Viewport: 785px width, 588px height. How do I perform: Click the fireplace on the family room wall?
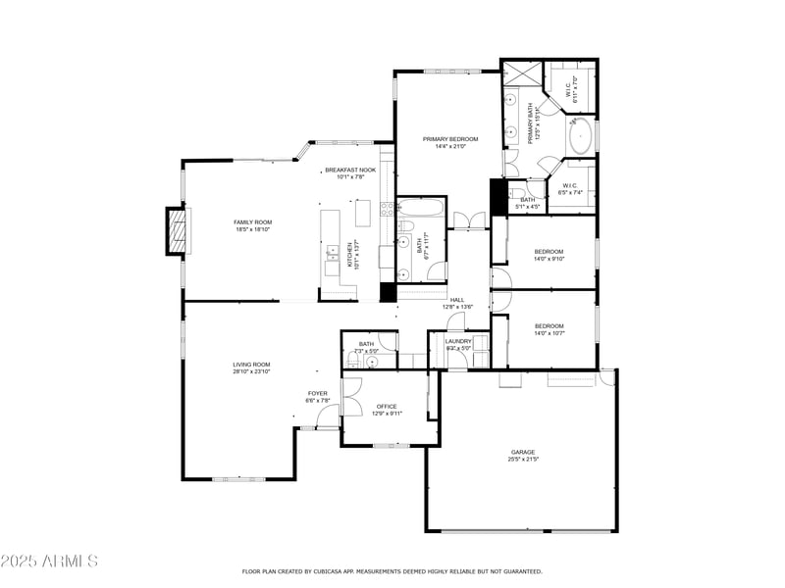(x=177, y=232)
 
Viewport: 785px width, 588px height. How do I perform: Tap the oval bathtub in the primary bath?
(x=581, y=134)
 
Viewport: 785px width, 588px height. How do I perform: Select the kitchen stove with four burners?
(x=386, y=208)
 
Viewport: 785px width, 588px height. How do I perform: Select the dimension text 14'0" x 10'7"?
(x=549, y=334)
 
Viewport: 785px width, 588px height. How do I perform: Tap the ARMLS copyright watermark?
(x=49, y=562)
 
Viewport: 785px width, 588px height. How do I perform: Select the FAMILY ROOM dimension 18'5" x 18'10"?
(x=252, y=230)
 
